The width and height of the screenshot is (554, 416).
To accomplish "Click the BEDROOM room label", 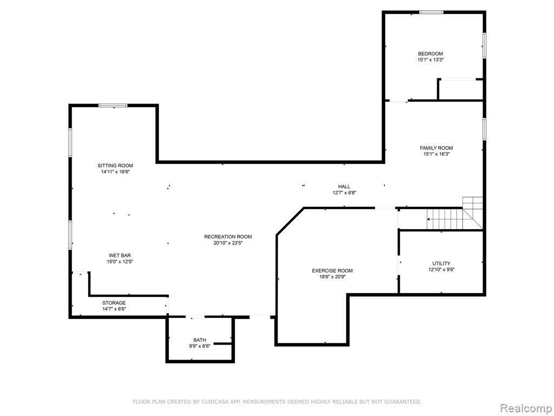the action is click(x=430, y=54).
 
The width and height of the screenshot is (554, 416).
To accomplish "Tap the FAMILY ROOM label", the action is click(x=437, y=148).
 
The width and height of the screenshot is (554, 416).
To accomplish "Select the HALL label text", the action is click(x=344, y=186).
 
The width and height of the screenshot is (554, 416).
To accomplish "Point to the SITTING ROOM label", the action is click(x=116, y=166).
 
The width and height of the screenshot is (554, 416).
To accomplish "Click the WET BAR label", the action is click(x=120, y=256).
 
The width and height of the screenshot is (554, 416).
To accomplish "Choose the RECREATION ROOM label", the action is click(x=228, y=237).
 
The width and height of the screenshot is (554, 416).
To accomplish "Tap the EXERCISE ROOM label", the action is click(x=332, y=271).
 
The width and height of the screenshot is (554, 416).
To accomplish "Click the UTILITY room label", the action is click(x=441, y=263).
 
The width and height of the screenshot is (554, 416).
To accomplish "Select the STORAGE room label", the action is click(x=114, y=303).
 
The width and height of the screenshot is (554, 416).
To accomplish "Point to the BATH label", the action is click(x=200, y=340).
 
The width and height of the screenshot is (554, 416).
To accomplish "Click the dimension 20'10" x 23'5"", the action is click(x=228, y=243).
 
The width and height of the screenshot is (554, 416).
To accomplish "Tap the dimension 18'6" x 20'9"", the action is click(x=333, y=277).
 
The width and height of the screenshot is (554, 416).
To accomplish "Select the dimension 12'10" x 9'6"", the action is click(x=441, y=270).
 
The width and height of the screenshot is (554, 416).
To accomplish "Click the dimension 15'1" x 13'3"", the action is click(x=430, y=60).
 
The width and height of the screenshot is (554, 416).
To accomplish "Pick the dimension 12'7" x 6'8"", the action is click(x=344, y=193).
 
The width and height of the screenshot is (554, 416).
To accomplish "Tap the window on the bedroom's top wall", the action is click(x=431, y=12).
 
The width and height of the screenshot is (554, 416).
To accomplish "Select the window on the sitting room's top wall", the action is click(x=113, y=106).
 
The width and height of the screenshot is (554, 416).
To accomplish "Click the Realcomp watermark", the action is click(x=526, y=408).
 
